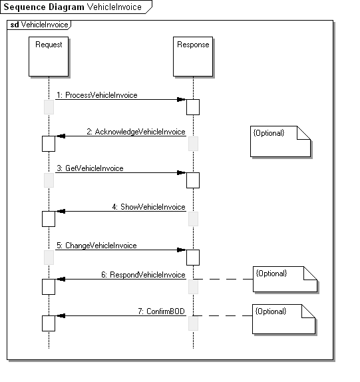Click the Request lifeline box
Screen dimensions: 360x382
pos(49,57)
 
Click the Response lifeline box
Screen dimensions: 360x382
pos(193,57)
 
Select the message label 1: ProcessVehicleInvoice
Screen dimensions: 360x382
pos(97,95)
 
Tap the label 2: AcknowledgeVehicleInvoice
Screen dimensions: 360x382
pos(136,132)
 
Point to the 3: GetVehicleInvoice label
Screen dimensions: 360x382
pos(90,168)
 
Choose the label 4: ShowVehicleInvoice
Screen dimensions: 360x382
pos(148,207)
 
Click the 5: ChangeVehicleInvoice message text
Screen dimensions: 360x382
pos(96,246)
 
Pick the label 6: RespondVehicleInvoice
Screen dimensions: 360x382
pos(143,275)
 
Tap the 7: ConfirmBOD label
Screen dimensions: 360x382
pos(161,311)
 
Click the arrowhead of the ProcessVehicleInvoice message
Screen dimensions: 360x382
pos(182,99)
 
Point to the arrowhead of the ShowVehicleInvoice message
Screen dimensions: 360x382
pos(61,211)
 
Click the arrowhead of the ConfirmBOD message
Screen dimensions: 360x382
pos(61,316)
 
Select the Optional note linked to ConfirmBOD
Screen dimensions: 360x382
pos(283,319)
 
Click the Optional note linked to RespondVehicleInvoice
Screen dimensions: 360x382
pos(285,279)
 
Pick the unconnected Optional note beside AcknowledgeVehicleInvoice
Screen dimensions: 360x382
pos(280,141)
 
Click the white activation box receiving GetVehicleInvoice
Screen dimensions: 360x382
pos(193,180)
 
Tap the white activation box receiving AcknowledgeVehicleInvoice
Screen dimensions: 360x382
pos(49,144)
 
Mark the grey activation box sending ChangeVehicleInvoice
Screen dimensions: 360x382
pos(49,258)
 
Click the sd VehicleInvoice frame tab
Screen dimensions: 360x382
pos(39,25)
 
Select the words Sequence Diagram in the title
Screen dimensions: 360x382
pos(44,7)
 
